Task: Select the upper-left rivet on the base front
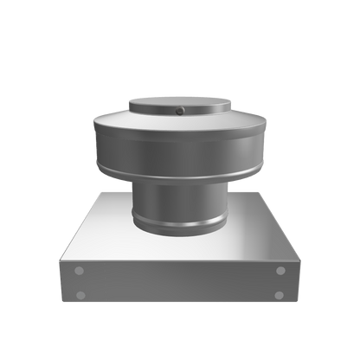coord(80,271)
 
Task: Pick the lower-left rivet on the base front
coord(80,295)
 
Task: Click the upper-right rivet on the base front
coord(280,271)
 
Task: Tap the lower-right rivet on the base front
coord(280,295)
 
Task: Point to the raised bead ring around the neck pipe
coord(179,222)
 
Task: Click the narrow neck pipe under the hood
coord(179,199)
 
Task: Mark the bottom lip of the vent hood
coord(179,170)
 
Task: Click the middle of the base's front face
coord(179,283)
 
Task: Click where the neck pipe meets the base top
coord(179,232)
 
